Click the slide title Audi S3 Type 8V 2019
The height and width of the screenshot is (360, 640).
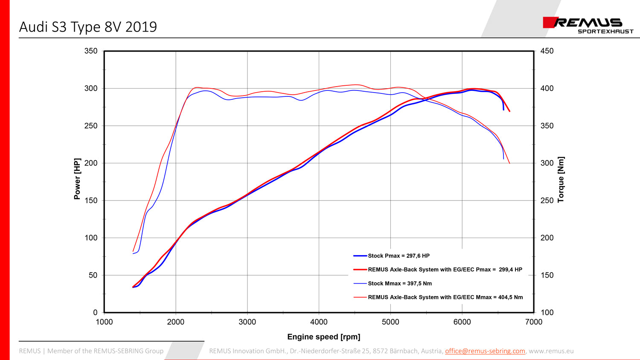tap(88, 27)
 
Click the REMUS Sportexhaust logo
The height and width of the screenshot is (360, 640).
tap(588, 25)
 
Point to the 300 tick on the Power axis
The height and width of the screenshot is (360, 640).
tap(91, 88)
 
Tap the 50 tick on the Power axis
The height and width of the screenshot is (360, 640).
tap(93, 275)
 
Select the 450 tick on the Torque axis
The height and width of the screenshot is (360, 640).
tap(547, 51)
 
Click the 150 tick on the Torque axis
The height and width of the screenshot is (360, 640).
tap(547, 275)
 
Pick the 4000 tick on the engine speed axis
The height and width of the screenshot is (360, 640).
tap(319, 322)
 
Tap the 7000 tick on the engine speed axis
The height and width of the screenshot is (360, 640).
tap(533, 322)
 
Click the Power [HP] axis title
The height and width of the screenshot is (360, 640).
tap(77, 179)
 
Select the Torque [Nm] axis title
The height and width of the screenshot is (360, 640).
tap(561, 180)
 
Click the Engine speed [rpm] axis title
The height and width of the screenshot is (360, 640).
tap(323, 337)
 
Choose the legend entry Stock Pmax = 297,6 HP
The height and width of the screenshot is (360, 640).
tap(399, 256)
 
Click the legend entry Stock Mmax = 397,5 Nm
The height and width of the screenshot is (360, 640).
tap(400, 284)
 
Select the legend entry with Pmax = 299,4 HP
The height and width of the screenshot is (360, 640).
tap(445, 270)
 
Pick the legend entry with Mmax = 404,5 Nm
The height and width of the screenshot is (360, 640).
tap(445, 297)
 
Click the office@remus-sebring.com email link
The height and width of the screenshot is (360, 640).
tap(485, 351)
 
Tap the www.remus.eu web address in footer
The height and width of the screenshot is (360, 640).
tap(551, 351)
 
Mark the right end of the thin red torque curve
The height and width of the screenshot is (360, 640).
tap(509, 163)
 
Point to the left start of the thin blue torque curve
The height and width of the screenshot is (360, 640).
tap(133, 254)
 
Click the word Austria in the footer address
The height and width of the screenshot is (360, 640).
tap(432, 351)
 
